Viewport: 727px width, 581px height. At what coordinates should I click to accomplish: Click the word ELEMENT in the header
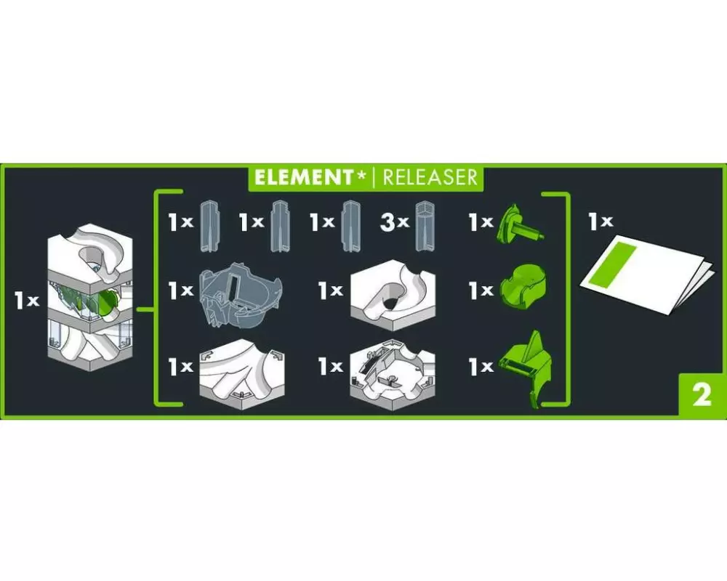point(303,177)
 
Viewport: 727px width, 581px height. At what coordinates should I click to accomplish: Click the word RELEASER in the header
point(430,177)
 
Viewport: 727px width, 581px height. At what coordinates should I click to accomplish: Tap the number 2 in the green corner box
point(702,395)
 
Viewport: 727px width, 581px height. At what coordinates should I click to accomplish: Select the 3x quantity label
point(393,222)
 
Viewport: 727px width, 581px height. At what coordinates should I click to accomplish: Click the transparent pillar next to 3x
point(425,226)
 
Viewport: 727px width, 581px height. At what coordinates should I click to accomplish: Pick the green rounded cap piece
point(523,288)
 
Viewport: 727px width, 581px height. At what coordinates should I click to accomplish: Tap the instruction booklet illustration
point(645,276)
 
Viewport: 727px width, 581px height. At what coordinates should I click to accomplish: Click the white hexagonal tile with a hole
point(393,295)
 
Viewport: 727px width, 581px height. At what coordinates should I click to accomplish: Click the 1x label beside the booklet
point(601,222)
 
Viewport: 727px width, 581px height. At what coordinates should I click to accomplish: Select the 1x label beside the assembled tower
point(26,300)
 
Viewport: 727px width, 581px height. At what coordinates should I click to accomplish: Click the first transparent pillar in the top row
point(209,226)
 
